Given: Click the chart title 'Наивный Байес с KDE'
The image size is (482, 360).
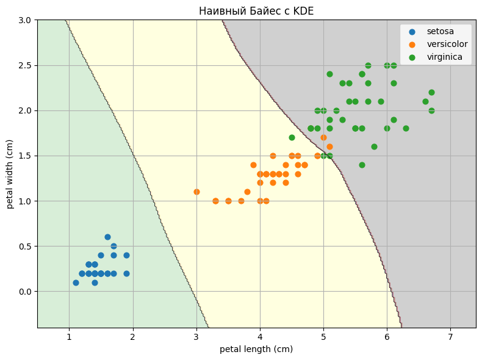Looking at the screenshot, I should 256,11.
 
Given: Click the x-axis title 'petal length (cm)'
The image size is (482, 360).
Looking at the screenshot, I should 256,349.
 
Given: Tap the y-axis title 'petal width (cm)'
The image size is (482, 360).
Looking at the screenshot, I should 10,174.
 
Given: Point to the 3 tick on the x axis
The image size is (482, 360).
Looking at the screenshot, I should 196,335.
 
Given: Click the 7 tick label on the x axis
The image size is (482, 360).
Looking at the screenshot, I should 450,335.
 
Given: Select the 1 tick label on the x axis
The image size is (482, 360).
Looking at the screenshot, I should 69,335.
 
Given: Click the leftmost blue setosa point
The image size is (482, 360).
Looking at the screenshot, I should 76,283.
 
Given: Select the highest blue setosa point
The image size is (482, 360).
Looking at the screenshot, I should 107,237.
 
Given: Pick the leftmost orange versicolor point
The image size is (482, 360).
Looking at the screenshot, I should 196,192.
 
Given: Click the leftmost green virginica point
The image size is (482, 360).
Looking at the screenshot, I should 292,137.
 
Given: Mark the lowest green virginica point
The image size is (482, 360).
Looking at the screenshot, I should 362,165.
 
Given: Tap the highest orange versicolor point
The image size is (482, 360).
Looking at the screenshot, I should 323,137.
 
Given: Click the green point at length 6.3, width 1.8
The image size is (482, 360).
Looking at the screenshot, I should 406,128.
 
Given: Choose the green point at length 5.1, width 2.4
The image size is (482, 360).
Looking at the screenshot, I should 329,74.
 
